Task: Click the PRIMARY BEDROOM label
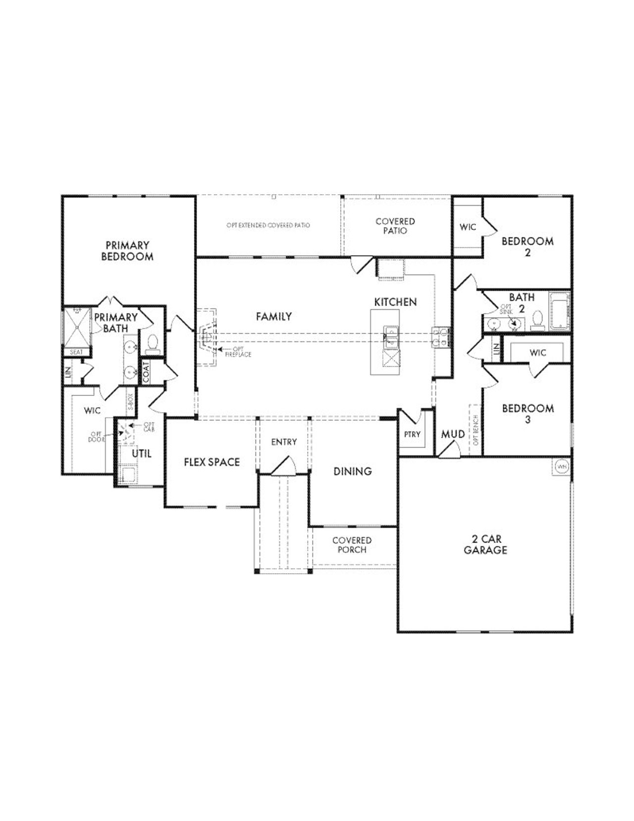127,251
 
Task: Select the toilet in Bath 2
537,321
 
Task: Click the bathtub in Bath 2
560,311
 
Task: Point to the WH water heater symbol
561,466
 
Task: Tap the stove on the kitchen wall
441,336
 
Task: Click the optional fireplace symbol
207,338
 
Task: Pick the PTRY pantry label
412,434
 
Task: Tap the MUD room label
453,434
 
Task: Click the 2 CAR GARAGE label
485,545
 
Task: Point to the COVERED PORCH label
352,545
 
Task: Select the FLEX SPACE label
211,462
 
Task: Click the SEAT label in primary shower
76,352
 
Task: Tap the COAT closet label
146,372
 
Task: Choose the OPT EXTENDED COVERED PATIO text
268,225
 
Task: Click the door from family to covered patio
361,264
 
